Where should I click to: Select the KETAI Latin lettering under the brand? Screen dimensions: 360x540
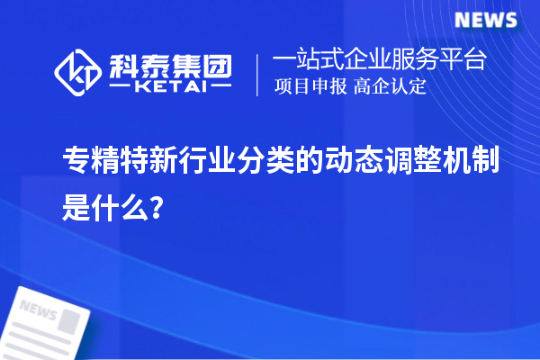click(170, 88)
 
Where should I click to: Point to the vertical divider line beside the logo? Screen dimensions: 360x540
click(259, 75)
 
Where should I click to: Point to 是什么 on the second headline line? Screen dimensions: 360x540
click(102, 211)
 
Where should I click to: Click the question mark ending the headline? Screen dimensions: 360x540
click(157, 211)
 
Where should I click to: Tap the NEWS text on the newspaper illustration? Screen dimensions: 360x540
click(38, 310)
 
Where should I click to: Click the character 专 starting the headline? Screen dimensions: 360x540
click(73, 162)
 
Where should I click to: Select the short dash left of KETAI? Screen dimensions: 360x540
click(121, 88)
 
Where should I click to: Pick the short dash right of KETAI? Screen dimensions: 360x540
click(220, 88)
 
